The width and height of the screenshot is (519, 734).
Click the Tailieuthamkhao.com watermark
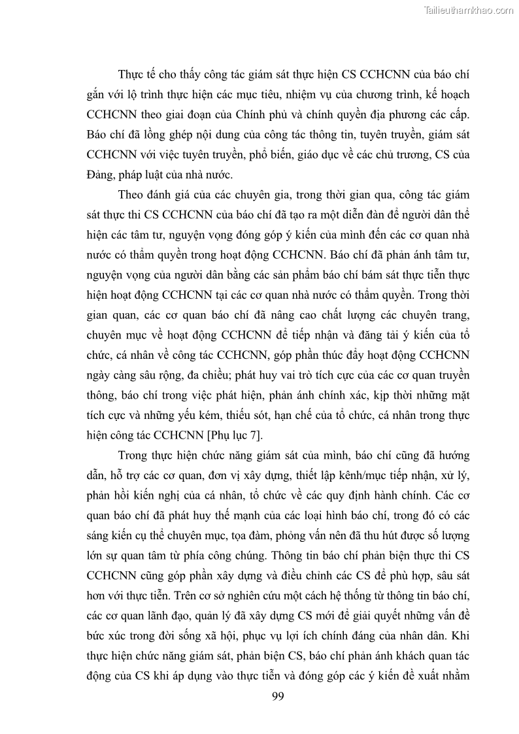click(x=469, y=10)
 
